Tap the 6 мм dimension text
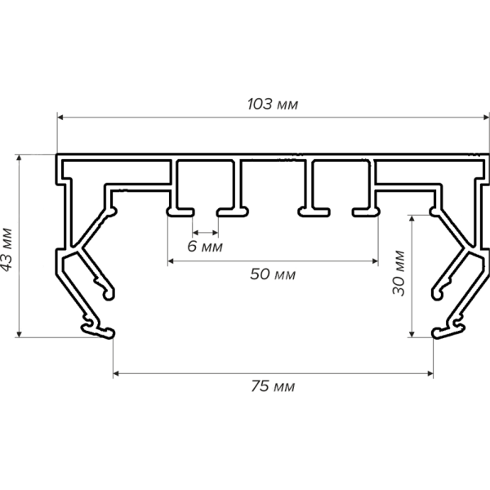coord(204,245)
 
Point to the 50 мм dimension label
coord(273,274)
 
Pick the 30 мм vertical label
coord(399,276)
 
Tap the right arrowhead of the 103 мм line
coord(484,118)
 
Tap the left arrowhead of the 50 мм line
coord(171,261)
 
